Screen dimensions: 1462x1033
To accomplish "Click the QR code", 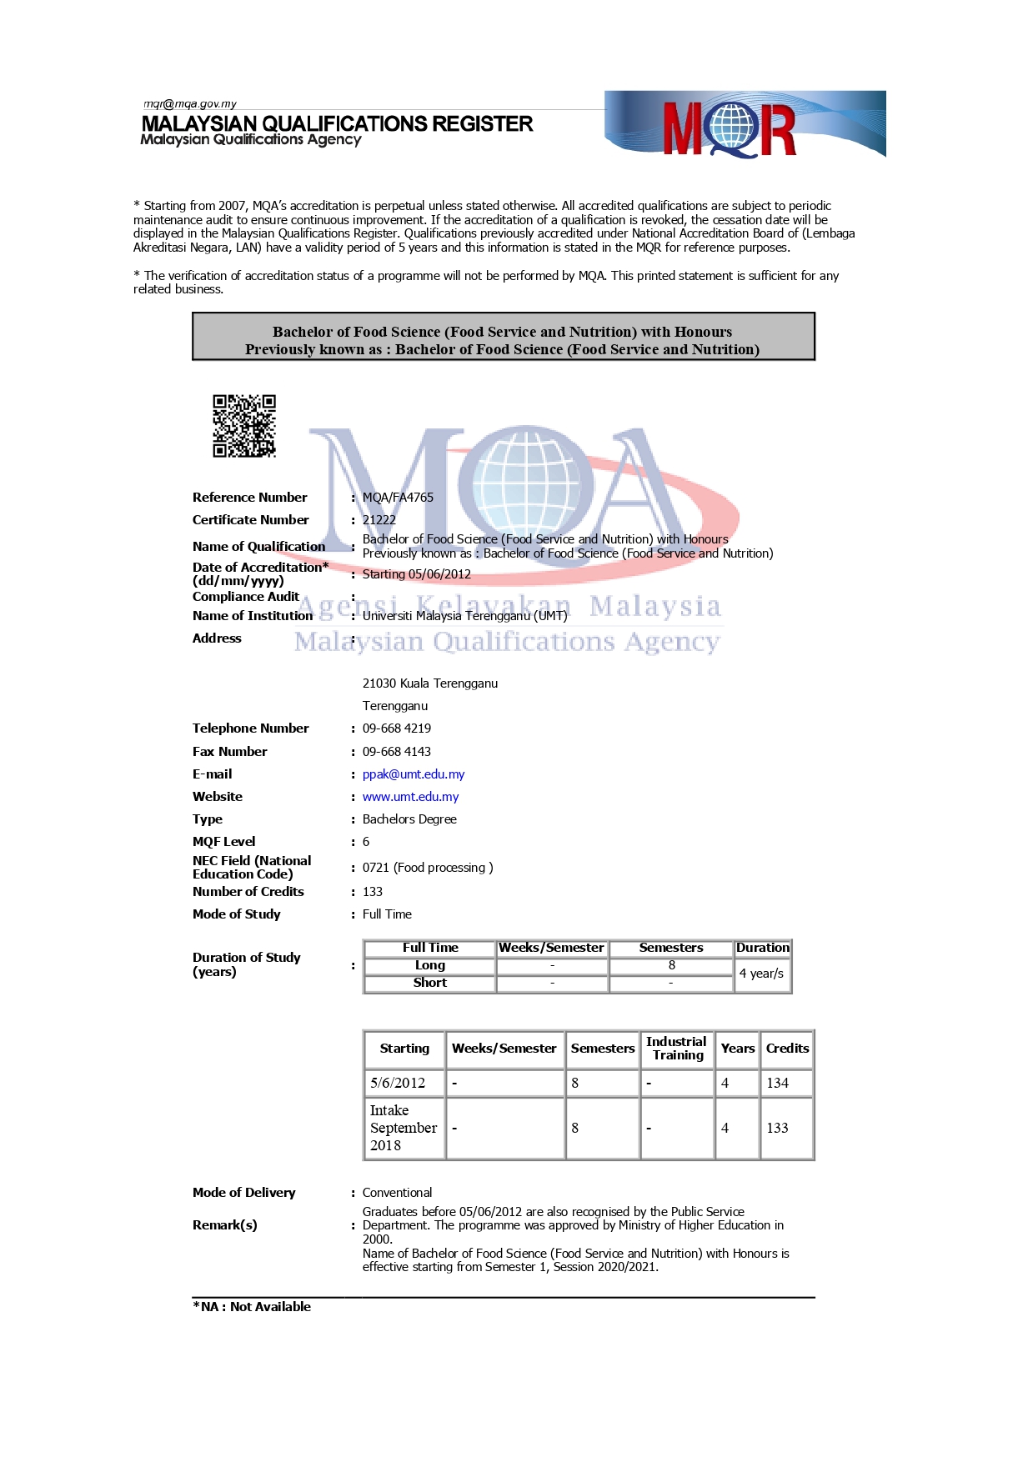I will tap(244, 426).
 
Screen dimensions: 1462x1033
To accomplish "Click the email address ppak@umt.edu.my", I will tap(414, 774).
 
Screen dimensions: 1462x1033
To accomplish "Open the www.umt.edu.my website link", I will tap(410, 797).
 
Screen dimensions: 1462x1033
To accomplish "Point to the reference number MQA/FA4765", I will tap(398, 498).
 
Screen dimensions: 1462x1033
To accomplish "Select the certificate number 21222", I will tap(379, 520).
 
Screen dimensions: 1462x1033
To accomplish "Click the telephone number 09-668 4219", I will tap(397, 728).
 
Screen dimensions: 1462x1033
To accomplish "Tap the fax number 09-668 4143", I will tap(397, 752).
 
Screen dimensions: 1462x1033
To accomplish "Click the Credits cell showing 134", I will tap(778, 1083).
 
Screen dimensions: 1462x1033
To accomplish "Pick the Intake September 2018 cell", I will tap(404, 1128).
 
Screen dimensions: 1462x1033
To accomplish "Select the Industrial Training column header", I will tap(676, 1049).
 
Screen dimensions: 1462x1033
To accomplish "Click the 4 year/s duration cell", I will tap(761, 974).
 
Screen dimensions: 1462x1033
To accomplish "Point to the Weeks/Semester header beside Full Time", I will tap(551, 948).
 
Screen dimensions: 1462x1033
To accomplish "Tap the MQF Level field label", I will tap(224, 842).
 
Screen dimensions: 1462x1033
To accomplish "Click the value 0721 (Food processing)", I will tap(428, 868).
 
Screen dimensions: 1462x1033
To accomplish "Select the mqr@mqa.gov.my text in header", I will tap(190, 104).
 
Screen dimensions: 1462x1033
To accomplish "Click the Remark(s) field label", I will tap(225, 1225).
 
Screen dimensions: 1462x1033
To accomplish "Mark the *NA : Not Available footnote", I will tap(252, 1307).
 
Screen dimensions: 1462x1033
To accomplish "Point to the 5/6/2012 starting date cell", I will tap(398, 1083).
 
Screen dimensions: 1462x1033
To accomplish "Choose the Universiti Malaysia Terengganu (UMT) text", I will tap(464, 616).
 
